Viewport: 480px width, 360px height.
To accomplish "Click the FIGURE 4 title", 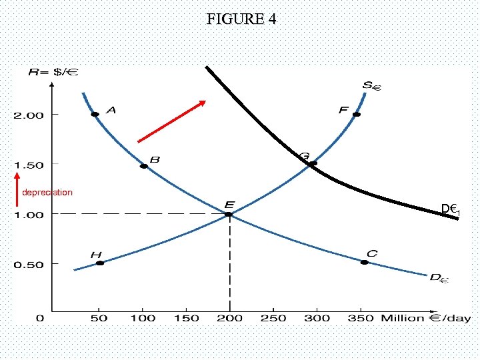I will pos(241,19).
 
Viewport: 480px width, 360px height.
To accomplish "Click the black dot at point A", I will pos(95,115).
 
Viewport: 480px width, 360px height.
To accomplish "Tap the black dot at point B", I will pos(144,166).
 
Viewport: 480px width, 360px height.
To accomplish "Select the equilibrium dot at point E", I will pos(229,214).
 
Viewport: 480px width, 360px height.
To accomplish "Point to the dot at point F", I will pos(357,115).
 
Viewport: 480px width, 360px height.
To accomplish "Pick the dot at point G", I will pos(313,163).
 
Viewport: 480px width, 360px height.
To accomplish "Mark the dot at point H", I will pos(100,263).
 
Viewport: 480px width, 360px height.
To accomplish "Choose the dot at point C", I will pos(364,263).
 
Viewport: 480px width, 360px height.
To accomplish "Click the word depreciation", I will pos(47,193).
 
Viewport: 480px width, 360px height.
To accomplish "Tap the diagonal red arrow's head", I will pos(203,103).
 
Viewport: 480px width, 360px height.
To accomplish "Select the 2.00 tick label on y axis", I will pos(28,115).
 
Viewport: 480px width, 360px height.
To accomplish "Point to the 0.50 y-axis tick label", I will pos(28,264).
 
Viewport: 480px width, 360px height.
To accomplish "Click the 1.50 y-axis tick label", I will pos(28,165).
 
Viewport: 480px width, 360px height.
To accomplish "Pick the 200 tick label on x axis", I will pos(230,319).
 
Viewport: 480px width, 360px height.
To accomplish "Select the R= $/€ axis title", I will pos(54,71).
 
